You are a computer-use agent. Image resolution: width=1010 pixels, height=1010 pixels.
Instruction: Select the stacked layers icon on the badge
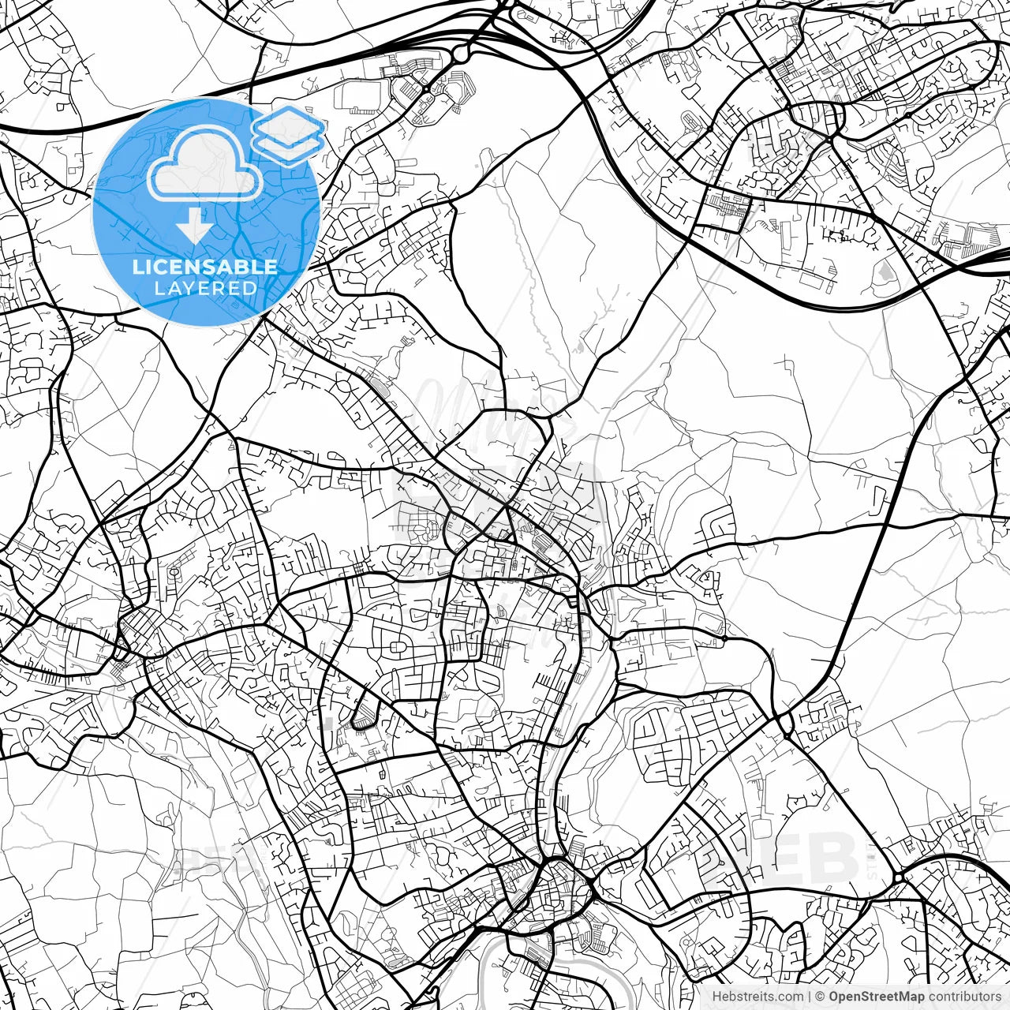289,134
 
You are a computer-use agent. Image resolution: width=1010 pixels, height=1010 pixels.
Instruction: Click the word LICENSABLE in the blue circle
204,267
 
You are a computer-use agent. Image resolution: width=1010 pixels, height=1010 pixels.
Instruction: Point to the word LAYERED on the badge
205,288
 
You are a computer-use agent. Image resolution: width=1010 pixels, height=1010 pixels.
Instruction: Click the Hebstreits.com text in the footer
757,997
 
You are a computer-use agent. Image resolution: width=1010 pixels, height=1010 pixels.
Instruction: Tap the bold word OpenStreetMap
876,997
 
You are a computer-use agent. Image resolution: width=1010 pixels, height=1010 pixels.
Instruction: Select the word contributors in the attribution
963,997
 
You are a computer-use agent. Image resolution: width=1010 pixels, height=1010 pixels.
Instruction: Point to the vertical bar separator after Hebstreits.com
810,997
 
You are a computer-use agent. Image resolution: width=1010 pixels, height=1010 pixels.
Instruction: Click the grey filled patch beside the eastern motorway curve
886,273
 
